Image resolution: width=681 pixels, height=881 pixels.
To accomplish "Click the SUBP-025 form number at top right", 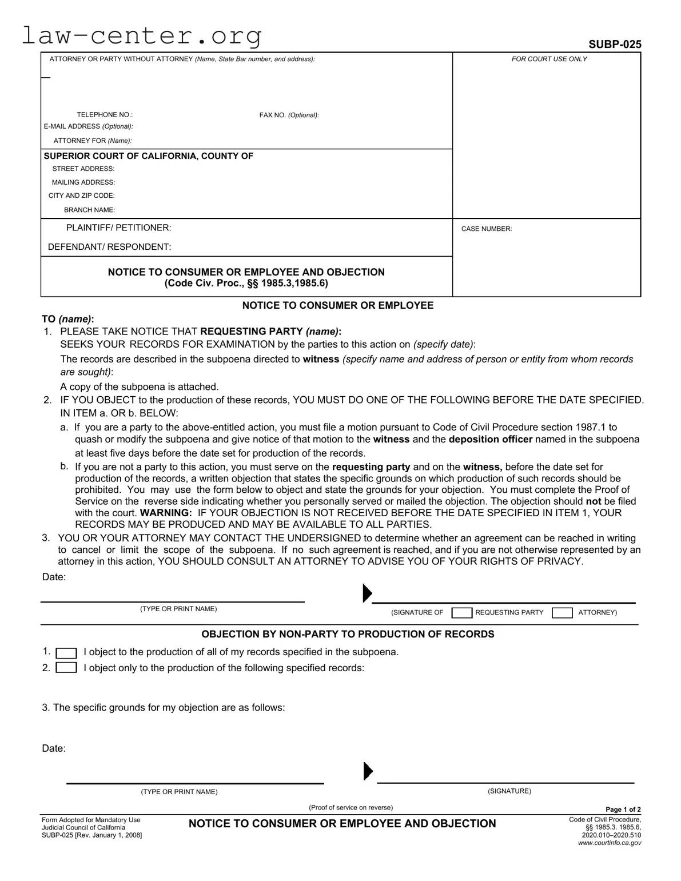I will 615,45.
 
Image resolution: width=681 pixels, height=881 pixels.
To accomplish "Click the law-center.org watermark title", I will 141,36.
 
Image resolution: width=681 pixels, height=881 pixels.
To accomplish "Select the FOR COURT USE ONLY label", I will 549,59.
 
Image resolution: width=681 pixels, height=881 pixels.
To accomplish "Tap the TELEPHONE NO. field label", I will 105,115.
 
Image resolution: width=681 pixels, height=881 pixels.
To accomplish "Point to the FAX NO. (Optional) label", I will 289,115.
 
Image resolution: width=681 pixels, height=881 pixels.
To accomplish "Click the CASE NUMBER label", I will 487,229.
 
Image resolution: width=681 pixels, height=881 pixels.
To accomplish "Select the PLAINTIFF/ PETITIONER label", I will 118,228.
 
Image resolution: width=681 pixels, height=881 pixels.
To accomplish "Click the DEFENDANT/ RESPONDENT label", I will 109,247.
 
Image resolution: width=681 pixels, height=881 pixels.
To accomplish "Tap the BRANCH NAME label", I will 89,210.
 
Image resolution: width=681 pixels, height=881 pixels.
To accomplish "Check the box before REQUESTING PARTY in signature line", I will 461,613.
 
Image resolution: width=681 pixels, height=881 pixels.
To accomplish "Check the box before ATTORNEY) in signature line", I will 562,613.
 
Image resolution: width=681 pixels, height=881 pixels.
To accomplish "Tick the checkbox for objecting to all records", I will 66,653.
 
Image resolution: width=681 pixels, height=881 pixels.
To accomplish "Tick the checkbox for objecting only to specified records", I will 66,668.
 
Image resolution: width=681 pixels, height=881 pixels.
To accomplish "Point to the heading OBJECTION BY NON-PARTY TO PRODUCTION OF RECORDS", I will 348,634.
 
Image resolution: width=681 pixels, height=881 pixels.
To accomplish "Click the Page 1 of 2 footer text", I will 623,810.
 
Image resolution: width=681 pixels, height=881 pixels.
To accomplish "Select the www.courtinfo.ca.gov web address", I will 610,843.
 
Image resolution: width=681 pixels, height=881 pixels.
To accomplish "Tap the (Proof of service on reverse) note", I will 351,807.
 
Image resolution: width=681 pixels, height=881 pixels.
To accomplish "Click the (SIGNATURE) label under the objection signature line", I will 509,791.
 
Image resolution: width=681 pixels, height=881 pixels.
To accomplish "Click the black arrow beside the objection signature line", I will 368,772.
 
